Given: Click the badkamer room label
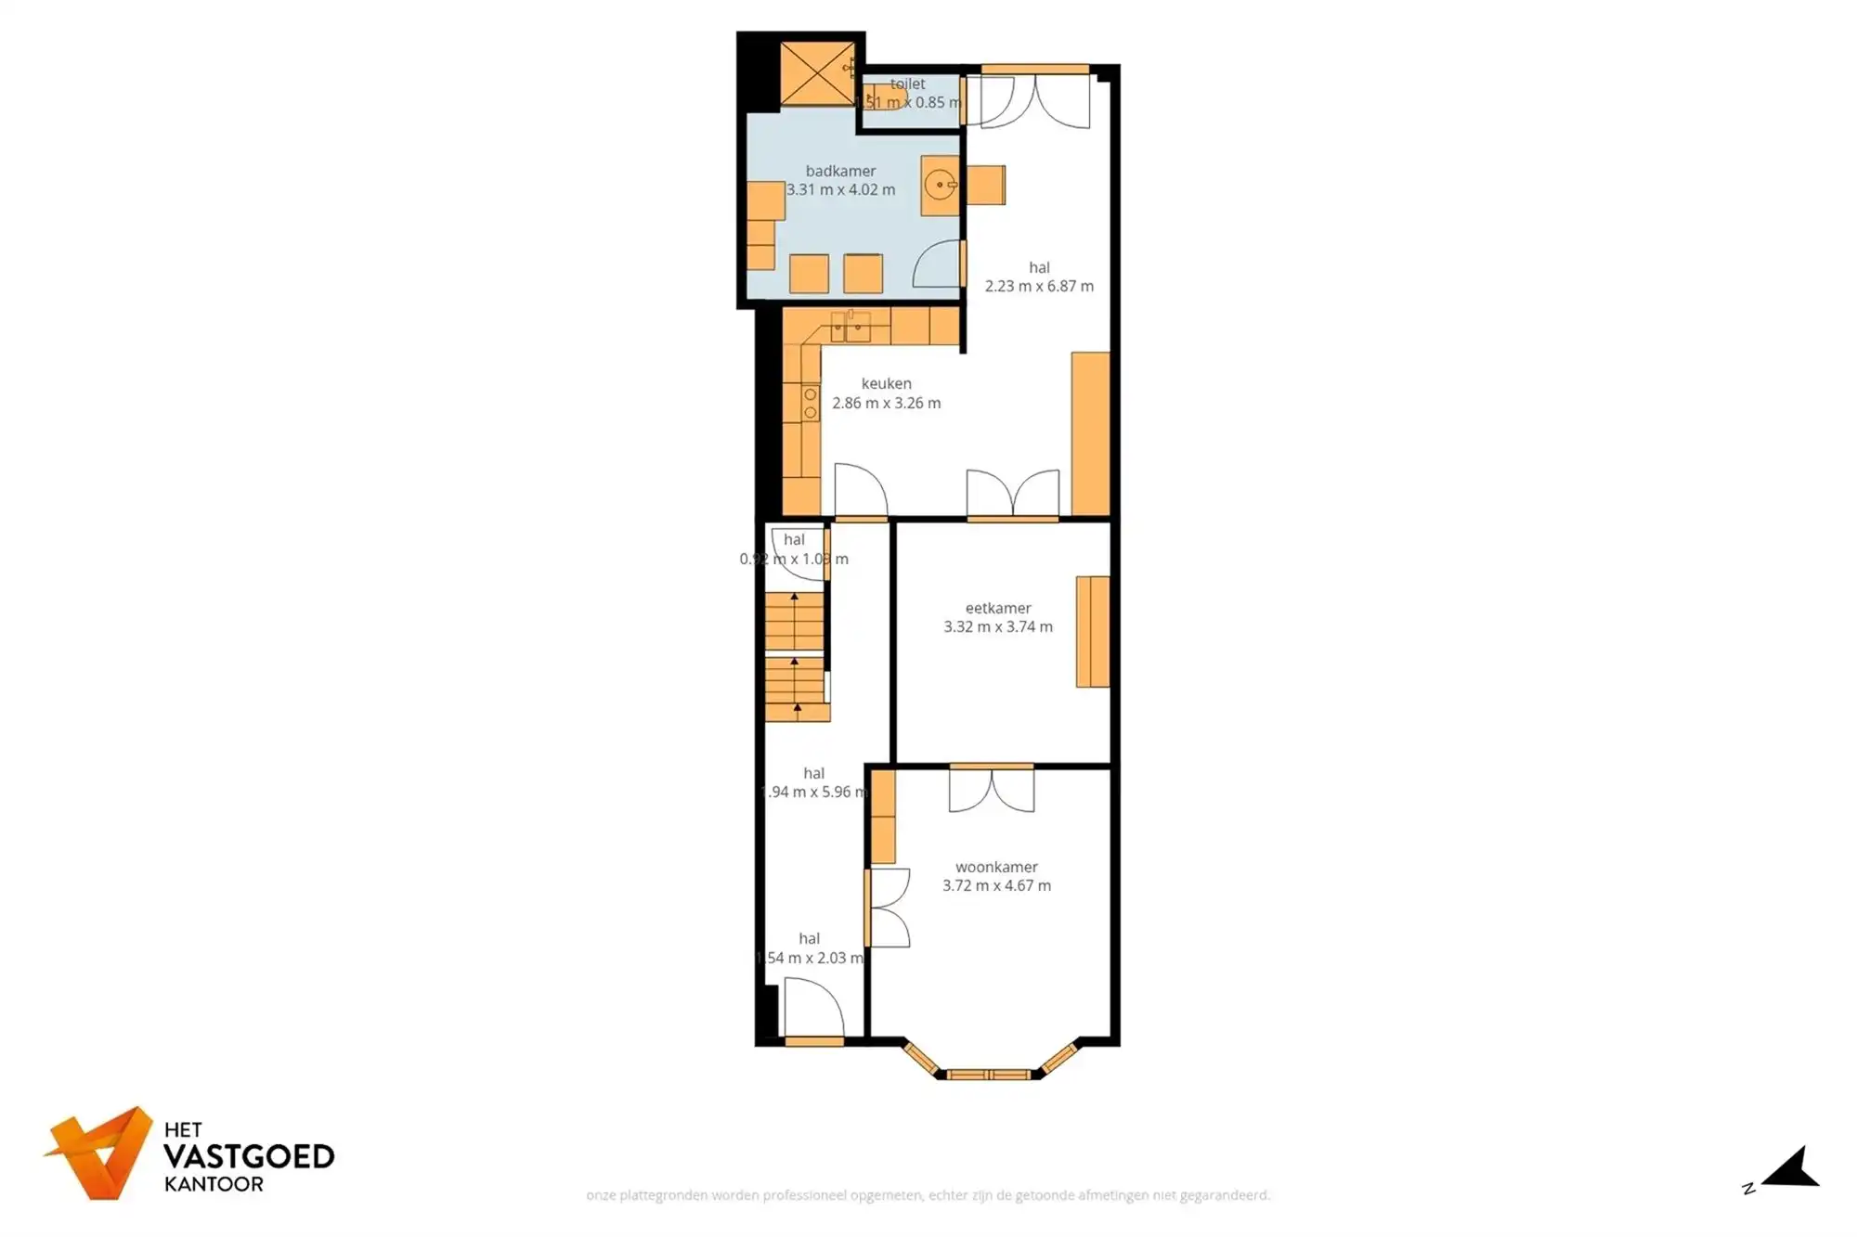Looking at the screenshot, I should [x=840, y=171].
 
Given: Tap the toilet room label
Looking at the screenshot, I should [x=907, y=84].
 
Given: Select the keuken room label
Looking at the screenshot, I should [x=886, y=383].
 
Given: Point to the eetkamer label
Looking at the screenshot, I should [x=998, y=608].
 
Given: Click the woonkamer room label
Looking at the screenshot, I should [x=996, y=867].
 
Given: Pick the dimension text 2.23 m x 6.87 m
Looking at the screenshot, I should [x=1039, y=287].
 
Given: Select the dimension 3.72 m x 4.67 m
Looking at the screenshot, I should [x=996, y=886].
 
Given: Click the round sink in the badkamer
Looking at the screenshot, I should [x=940, y=186].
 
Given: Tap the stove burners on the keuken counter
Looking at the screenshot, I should [x=811, y=404].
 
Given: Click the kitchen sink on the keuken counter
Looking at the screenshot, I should [x=851, y=327].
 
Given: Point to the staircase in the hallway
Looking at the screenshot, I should [x=796, y=657].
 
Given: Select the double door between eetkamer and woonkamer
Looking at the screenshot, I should [x=991, y=789].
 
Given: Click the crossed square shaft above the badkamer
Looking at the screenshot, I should [x=816, y=73].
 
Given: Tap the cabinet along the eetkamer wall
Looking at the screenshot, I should [x=1093, y=631].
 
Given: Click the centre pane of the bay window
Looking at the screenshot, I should [x=989, y=1075].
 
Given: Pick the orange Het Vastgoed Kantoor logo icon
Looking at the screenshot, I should [x=100, y=1153].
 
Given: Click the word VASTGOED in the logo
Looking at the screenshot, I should [x=248, y=1156].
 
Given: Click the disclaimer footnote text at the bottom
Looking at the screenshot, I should [x=928, y=1195].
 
